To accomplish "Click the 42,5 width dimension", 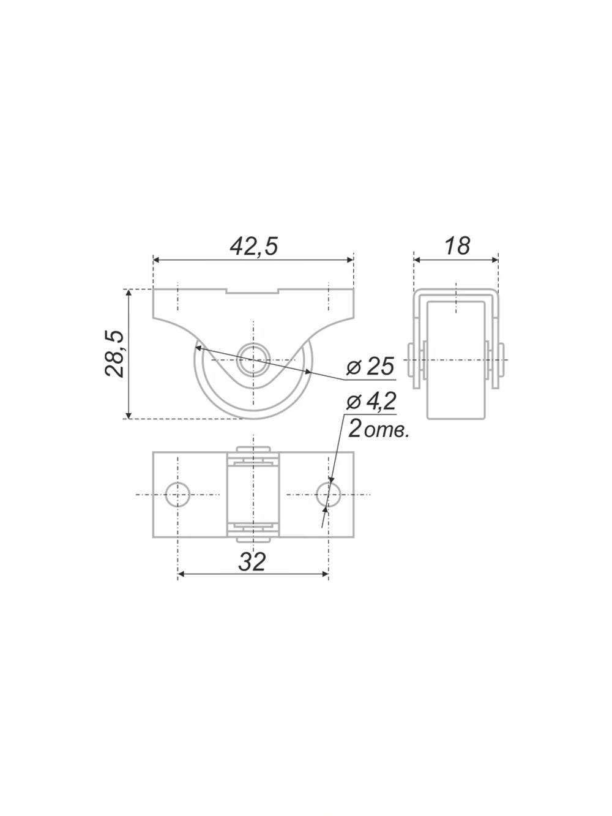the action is (x=254, y=246).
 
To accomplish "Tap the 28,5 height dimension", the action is (x=114, y=354).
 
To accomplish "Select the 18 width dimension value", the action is (x=457, y=245).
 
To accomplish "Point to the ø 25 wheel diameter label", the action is (x=370, y=366).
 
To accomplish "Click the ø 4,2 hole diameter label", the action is (x=371, y=402).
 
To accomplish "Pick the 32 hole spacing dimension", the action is (x=252, y=562).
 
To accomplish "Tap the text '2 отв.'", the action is (x=378, y=430).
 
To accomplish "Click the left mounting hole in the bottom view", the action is (x=177, y=495).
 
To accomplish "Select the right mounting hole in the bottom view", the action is (x=329, y=495).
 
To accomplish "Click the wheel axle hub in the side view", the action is (x=253, y=359).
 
